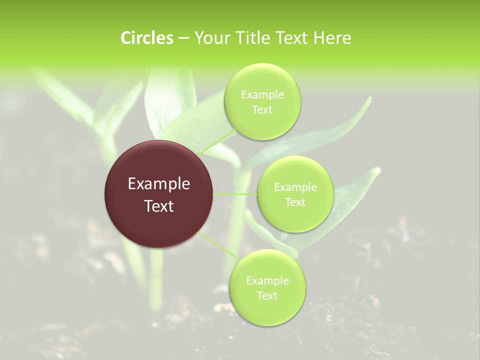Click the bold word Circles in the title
pos(146,38)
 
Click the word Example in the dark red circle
pos(159,184)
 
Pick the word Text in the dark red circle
pos(159,206)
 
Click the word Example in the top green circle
pos(262,95)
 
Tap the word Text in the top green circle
pos(262,110)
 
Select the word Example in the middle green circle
pos(295,187)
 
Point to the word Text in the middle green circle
pos(295,202)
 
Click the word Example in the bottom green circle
pos(267,281)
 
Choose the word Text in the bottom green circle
pos(267,296)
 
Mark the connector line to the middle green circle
pos(234,194)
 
